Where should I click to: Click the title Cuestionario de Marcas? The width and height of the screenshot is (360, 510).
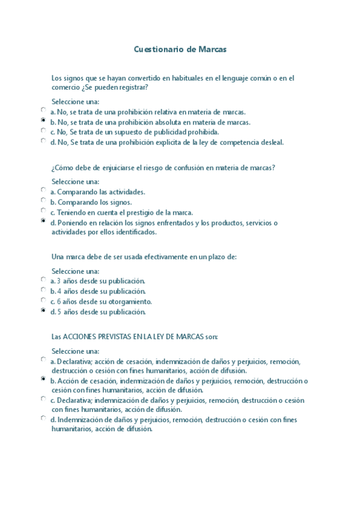pos(180,50)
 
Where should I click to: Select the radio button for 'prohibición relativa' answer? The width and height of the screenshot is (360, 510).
pos(43,110)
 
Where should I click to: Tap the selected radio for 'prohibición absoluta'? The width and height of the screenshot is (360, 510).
pos(43,120)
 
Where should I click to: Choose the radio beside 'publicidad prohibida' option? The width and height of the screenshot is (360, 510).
pos(43,131)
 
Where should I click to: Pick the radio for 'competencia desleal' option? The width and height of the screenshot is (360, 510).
pos(43,141)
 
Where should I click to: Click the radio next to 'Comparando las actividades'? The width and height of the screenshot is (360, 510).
pos(43,190)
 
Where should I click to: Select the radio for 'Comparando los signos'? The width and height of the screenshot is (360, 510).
pos(43,200)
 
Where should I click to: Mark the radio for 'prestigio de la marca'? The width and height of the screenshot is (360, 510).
pos(43,210)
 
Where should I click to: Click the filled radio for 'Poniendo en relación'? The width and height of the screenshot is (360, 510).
pos(43,221)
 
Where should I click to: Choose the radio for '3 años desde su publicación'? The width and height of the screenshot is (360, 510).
pos(43,279)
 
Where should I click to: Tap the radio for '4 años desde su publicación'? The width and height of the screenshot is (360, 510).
pos(43,289)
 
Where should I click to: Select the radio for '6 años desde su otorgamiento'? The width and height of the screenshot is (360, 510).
pos(43,300)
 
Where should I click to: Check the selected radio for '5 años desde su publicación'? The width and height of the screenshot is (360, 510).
pos(43,310)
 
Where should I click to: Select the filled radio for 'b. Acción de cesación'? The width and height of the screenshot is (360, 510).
pos(43,379)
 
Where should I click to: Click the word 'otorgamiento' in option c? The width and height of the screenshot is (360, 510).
pos(132,301)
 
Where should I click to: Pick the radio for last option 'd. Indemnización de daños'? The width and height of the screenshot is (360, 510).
pos(43,418)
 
